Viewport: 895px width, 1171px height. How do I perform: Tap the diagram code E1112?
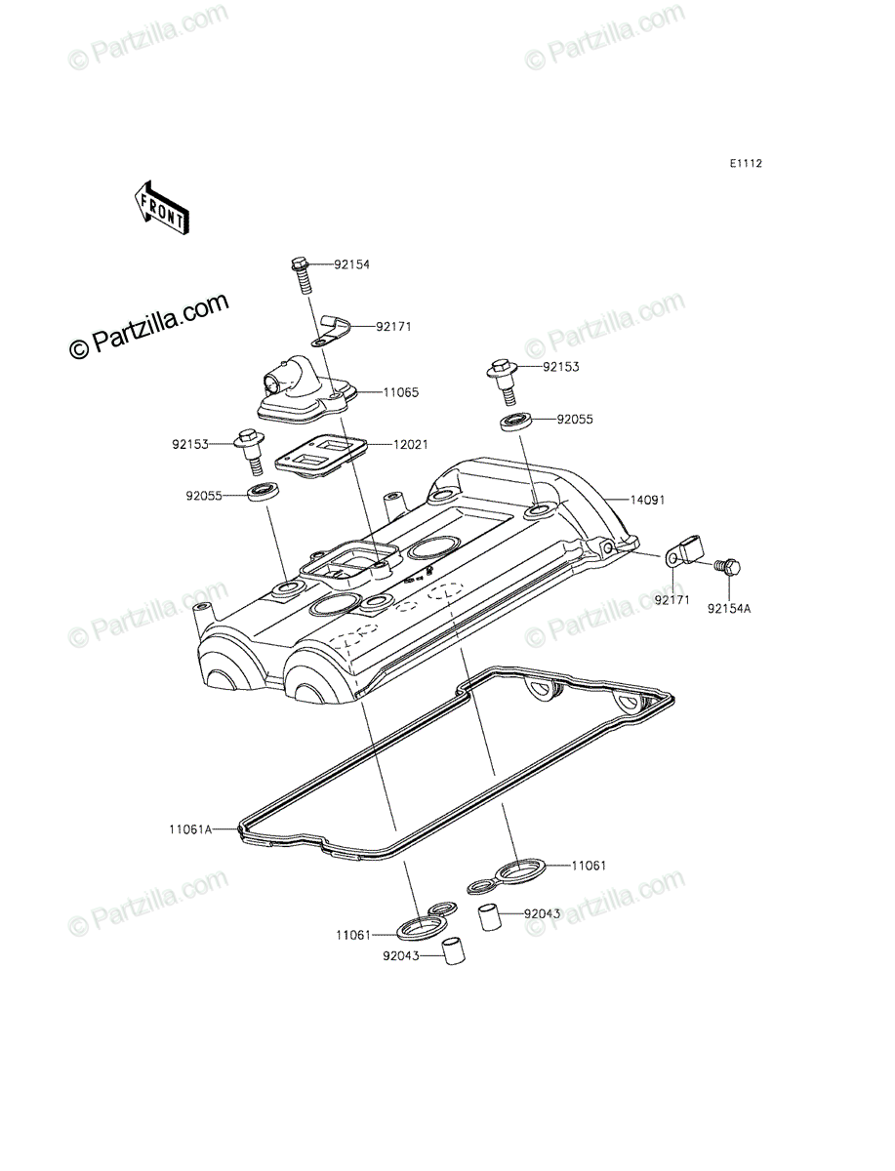pyautogui.click(x=746, y=164)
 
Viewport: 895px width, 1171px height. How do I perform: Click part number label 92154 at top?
pyautogui.click(x=352, y=264)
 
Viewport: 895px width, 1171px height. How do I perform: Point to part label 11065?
pyautogui.click(x=400, y=392)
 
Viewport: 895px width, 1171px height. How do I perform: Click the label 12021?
pyautogui.click(x=410, y=444)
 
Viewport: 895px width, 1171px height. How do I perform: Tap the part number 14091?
pyautogui.click(x=647, y=500)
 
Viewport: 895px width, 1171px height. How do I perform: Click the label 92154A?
pyautogui.click(x=729, y=609)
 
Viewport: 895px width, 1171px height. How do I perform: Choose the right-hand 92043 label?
pyautogui.click(x=543, y=913)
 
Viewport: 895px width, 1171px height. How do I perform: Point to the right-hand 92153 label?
pyautogui.click(x=561, y=367)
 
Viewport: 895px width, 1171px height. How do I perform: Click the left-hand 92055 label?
pyautogui.click(x=204, y=496)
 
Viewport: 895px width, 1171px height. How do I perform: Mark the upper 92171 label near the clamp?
pyautogui.click(x=393, y=327)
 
